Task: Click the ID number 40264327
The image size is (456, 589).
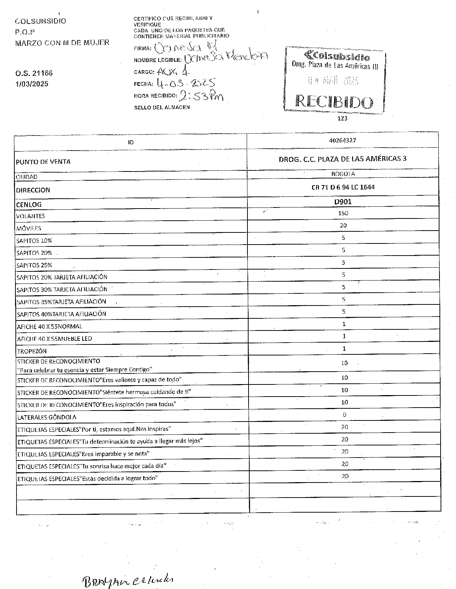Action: point(343,140)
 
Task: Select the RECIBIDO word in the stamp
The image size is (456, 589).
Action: point(334,101)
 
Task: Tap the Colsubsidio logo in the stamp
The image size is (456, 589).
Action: point(337,57)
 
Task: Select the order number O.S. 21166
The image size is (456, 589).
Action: point(34,73)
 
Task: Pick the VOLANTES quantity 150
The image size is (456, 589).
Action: point(343,213)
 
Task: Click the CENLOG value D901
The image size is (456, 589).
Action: point(343,202)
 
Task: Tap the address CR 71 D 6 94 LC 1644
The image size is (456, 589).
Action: point(343,187)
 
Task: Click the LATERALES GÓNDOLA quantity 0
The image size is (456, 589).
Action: point(344,415)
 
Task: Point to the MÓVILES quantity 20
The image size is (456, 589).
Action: point(343,225)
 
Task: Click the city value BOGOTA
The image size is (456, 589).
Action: point(343,174)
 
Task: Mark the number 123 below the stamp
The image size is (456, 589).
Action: point(342,118)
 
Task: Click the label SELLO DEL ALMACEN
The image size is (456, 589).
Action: point(162,107)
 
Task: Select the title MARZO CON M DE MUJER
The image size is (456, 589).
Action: point(62,43)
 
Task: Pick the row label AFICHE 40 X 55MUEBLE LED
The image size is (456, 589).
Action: point(54,339)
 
